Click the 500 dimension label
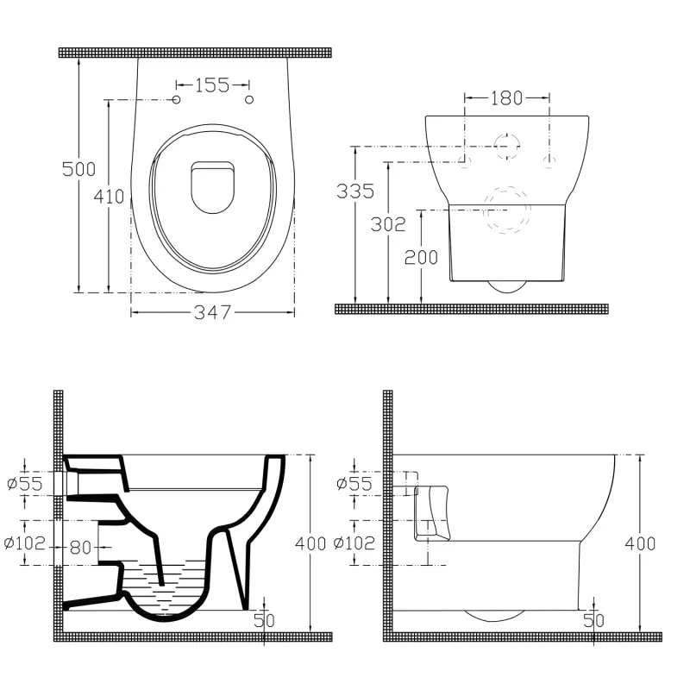(78, 169)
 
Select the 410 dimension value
(109, 197)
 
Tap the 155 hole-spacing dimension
(212, 85)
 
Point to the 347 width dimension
(212, 312)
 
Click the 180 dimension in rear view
(506, 97)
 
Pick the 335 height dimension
(355, 191)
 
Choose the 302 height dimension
(388, 224)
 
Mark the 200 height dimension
(421, 257)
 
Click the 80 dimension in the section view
(80, 548)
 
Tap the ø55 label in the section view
(25, 484)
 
